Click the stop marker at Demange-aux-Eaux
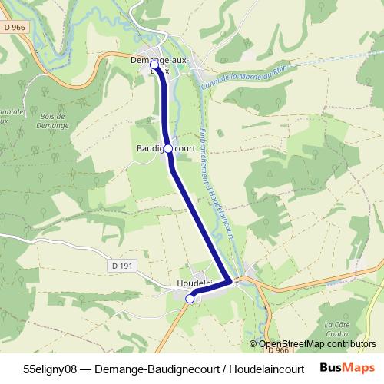click(154, 65)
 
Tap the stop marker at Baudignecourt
click(168, 149)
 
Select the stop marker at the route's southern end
click(190, 300)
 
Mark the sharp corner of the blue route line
click(230, 282)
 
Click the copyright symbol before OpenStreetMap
click(253, 343)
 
